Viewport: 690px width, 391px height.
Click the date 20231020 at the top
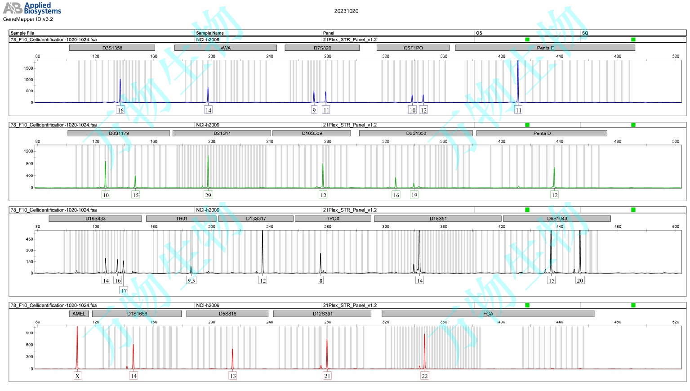[x=346, y=11]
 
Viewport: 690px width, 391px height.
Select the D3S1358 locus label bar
[x=112, y=48]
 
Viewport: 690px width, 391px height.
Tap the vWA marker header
[x=225, y=48]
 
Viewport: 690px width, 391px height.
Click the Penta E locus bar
[x=545, y=48]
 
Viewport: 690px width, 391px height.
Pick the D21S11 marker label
[x=222, y=133]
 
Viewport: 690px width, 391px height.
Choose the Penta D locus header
[x=542, y=133]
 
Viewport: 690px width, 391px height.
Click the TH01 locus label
[x=182, y=219]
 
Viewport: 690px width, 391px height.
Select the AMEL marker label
[x=79, y=314]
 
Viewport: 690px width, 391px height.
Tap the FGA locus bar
[x=488, y=314]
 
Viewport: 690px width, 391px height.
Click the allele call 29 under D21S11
[x=208, y=195]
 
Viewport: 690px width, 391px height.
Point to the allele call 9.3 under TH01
[x=191, y=280]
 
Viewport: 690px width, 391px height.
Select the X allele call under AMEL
[x=77, y=376]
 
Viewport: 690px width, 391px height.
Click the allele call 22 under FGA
[x=424, y=376]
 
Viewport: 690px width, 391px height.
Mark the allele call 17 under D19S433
[x=124, y=290]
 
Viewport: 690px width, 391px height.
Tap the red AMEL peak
[x=77, y=346]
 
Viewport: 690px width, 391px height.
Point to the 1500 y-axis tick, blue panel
[x=28, y=68]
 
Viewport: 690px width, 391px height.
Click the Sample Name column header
[x=210, y=33]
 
